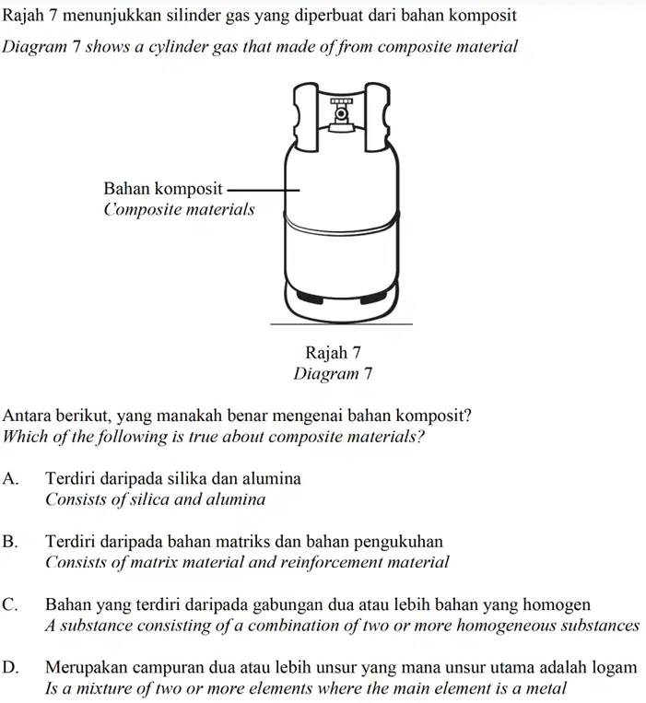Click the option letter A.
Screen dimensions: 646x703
coord(10,479)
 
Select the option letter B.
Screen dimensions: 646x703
coord(10,542)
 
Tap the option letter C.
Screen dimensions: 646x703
coord(10,604)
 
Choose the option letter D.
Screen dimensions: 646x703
coord(10,668)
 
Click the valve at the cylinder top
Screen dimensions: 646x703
coord(342,115)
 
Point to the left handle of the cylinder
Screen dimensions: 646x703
coord(307,117)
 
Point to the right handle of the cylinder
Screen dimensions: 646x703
coord(377,117)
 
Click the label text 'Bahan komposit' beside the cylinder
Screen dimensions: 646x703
coord(163,189)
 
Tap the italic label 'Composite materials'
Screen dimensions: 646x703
coord(179,209)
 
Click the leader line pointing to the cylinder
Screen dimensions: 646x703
coord(264,190)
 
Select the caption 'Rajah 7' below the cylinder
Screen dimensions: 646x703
coord(333,352)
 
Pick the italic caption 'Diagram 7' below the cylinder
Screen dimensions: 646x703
coord(333,373)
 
